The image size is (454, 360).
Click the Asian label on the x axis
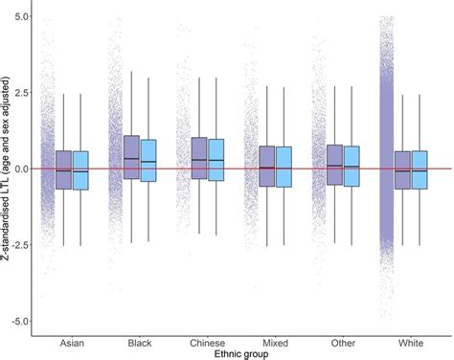[x=72, y=342]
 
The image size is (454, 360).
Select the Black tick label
[x=140, y=342]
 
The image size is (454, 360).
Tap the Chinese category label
[x=207, y=342]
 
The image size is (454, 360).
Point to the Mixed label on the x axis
[x=275, y=342]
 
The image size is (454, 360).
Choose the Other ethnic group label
[x=343, y=342]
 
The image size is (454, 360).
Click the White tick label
[x=411, y=342]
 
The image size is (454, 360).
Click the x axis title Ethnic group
[x=241, y=354]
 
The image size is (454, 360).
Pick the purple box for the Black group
[x=132, y=157]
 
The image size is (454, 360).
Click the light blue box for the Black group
[x=148, y=161]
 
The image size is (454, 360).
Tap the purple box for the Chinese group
[x=199, y=158]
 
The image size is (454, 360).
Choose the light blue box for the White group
[x=420, y=169]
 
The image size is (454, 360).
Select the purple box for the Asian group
[x=64, y=169]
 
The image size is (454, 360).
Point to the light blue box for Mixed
[x=284, y=167]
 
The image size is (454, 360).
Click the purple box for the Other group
[x=335, y=165]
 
